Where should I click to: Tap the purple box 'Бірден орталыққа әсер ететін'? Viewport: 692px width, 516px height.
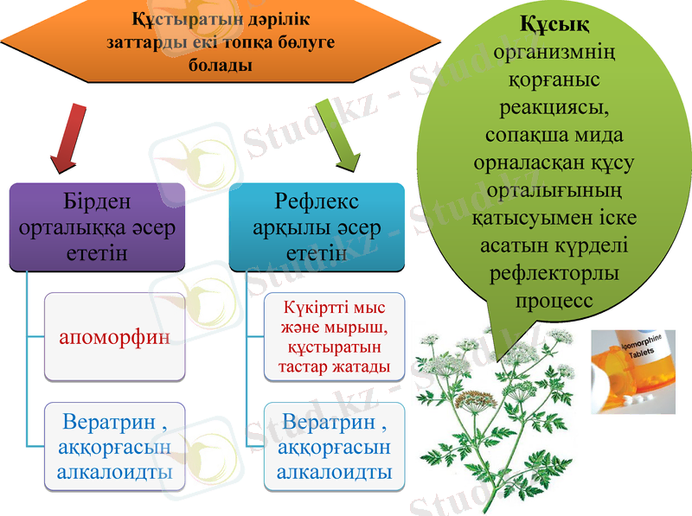pyautogui.click(x=97, y=226)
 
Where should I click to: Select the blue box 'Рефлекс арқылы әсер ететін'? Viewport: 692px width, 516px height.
pyautogui.click(x=317, y=226)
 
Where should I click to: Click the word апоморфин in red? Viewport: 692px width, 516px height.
pyautogui.click(x=114, y=336)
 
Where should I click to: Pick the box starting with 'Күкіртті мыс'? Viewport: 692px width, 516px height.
pyautogui.click(x=333, y=338)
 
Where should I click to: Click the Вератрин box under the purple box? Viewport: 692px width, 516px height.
pyautogui.click(x=114, y=447)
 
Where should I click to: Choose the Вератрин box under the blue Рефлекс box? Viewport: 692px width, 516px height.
pyautogui.click(x=334, y=447)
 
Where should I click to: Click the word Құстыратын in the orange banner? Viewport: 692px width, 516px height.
pyautogui.click(x=176, y=18)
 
